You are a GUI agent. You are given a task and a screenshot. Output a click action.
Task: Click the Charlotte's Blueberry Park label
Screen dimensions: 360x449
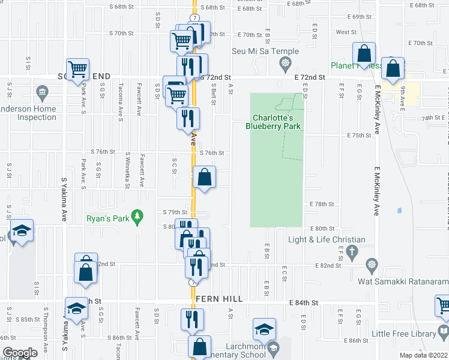coord(276,122)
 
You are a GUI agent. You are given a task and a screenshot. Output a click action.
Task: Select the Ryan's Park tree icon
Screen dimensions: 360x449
coord(137,215)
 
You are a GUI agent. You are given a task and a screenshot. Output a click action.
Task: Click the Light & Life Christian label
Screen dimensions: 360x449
coord(327,239)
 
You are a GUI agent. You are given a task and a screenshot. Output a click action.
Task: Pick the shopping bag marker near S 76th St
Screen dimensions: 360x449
coord(205,177)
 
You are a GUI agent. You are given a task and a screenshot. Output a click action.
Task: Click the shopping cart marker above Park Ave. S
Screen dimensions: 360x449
coord(78,69)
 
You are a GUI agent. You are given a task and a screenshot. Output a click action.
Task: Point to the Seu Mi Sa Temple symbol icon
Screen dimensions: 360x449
coord(286,62)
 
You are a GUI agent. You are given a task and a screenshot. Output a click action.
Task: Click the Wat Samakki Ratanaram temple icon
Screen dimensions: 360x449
coord(372,264)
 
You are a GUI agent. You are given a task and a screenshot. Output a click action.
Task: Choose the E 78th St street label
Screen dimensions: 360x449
coord(322,204)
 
